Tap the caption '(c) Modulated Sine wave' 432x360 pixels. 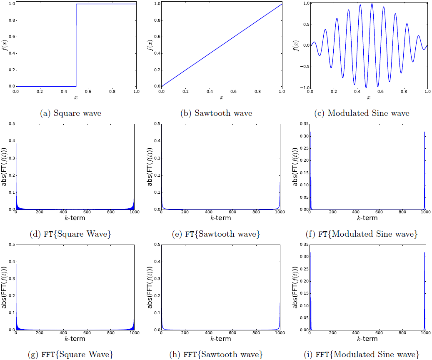368,113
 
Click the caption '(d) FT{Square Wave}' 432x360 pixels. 70,234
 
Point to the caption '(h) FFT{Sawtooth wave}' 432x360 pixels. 217,355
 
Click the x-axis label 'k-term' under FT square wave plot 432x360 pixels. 75,218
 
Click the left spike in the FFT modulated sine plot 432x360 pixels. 311,292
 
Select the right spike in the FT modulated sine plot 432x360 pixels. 425,171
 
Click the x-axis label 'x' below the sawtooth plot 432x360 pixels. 221,97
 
